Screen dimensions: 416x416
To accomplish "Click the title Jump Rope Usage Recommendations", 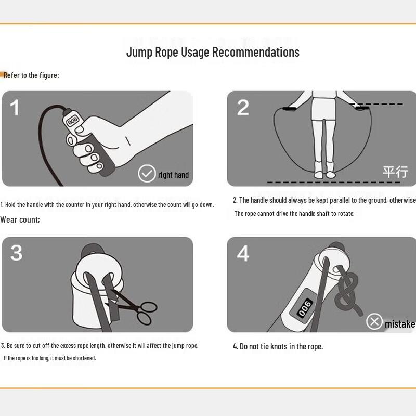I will point(213,52).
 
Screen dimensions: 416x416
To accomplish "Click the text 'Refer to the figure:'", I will point(31,75).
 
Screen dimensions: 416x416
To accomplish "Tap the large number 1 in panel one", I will point(15,108).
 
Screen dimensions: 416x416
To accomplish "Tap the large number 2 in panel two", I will point(243,108).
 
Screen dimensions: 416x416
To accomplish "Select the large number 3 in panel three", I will point(16,253).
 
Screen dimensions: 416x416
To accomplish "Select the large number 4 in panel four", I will point(243,253).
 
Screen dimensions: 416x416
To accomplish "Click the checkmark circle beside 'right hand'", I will point(146,174).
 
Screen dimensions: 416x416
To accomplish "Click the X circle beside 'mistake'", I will point(374,321).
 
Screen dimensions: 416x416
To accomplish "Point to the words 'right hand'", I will point(173,175).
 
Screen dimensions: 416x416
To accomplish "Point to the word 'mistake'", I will point(399,324).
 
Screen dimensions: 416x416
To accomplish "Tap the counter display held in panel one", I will point(72,121).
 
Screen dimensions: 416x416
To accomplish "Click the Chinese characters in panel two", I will point(395,172).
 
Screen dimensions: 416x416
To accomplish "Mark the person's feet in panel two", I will point(323,170).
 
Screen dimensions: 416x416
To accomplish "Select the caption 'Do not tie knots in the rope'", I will point(278,346).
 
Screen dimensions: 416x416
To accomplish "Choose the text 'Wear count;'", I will point(20,219).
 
